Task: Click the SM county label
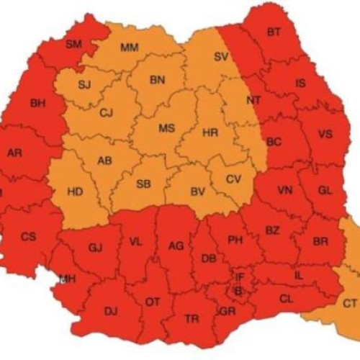pyautogui.click(x=73, y=44)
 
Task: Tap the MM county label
pyautogui.click(x=130, y=48)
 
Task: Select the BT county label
pyautogui.click(x=274, y=32)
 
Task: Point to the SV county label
pyautogui.click(x=222, y=56)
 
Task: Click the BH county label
pyautogui.click(x=37, y=104)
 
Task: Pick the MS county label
pyautogui.click(x=166, y=128)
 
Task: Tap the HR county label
pyautogui.click(x=210, y=133)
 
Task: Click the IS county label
pyautogui.click(x=301, y=84)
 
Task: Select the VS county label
pyautogui.click(x=325, y=135)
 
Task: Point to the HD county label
pyautogui.click(x=74, y=192)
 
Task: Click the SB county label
pyautogui.click(x=143, y=184)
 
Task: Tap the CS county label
pyautogui.click(x=28, y=236)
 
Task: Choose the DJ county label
pyautogui.click(x=110, y=311)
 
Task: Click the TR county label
pyautogui.click(x=192, y=318)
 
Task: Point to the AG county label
pyautogui.click(x=176, y=246)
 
